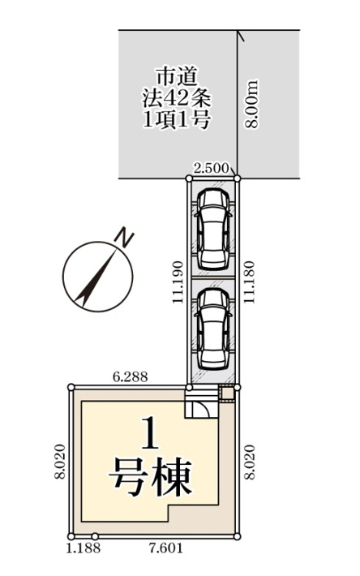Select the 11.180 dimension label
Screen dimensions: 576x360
251,282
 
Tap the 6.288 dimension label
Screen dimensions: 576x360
129,377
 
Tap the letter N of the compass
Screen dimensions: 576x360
124,239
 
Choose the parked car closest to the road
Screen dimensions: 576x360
213,230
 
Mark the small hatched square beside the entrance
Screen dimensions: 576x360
227,394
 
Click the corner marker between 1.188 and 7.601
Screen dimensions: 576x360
95,536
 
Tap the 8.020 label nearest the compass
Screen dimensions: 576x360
60,462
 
